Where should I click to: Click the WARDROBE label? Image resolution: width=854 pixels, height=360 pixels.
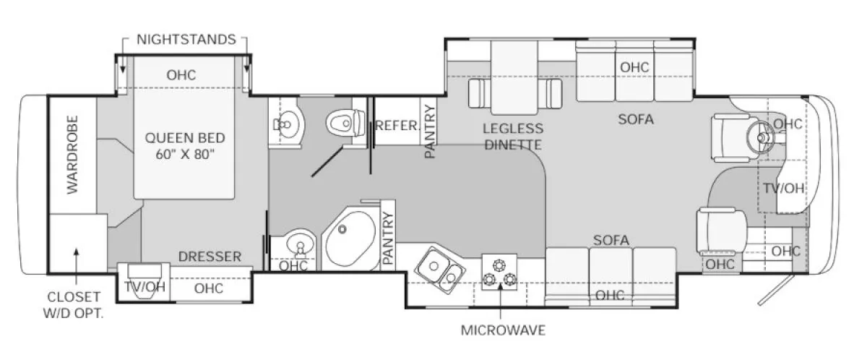click(72, 154)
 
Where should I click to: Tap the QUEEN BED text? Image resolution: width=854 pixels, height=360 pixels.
click(185, 138)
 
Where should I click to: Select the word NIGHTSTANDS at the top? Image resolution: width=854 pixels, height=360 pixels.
click(186, 39)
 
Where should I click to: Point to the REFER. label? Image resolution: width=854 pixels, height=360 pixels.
click(397, 126)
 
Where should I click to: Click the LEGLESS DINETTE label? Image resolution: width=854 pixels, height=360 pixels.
click(514, 137)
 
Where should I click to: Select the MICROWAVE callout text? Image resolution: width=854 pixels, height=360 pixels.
click(503, 330)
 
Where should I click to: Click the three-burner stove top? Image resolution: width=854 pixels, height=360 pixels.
click(499, 273)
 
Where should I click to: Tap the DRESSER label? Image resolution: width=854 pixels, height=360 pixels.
click(210, 257)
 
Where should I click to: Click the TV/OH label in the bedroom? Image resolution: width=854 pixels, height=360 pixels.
click(145, 287)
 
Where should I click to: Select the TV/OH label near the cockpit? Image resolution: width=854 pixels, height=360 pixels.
click(783, 189)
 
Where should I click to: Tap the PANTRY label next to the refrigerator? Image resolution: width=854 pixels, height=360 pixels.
click(430, 131)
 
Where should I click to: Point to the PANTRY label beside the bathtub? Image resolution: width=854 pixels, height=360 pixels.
click(388, 239)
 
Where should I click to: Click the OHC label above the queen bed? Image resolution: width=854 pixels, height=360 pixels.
click(181, 75)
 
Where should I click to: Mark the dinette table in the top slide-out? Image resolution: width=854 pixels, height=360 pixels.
click(514, 77)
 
